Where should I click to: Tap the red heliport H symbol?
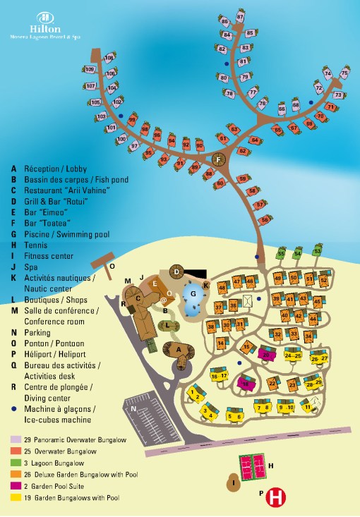pyautogui.click(x=276, y=497)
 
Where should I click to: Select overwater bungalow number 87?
pyautogui.click(x=241, y=16)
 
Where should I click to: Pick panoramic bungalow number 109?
pyautogui.click(x=90, y=69)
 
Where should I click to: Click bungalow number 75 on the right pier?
pyautogui.click(x=344, y=73)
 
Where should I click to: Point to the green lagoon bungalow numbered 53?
pyautogui.click(x=318, y=250)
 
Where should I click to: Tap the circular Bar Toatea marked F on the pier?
pyautogui.click(x=218, y=161)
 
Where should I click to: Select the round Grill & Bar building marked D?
pyautogui.click(x=177, y=271)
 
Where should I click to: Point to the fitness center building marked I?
pyautogui.click(x=234, y=482)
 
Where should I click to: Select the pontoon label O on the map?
pyautogui.click(x=112, y=267)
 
